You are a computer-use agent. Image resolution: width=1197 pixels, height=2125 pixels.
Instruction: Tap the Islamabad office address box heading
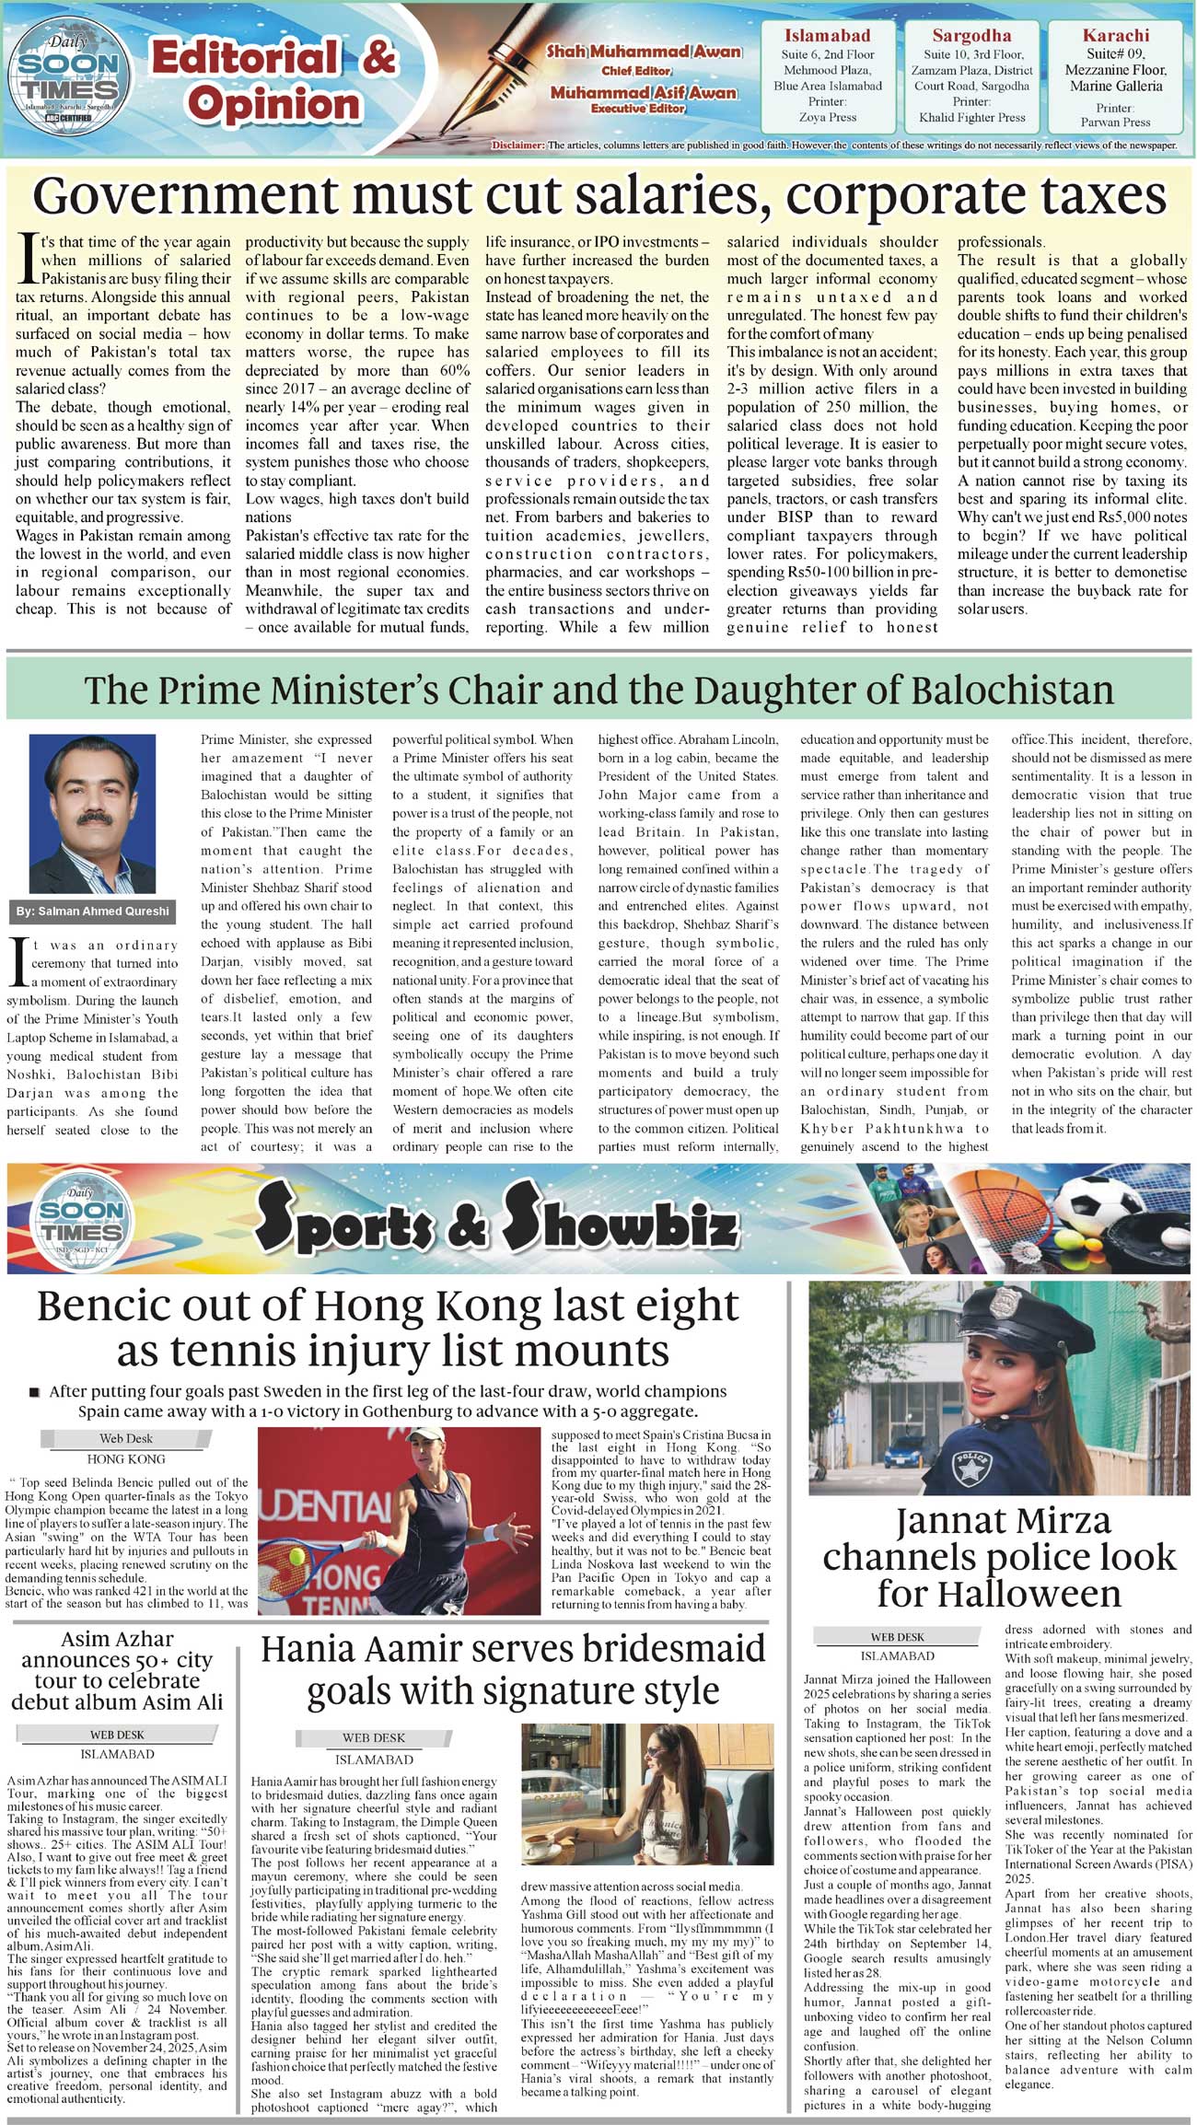click(x=827, y=36)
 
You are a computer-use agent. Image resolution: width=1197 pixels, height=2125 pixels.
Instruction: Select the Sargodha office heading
click(x=971, y=36)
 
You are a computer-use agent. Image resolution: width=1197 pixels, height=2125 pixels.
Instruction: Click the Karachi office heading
click(x=1115, y=36)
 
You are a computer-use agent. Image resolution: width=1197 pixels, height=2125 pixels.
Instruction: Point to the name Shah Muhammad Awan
click(x=644, y=52)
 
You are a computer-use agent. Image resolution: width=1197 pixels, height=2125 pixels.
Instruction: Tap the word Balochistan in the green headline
click(x=1003, y=691)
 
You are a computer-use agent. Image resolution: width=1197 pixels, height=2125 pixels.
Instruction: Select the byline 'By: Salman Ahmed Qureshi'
click(x=92, y=911)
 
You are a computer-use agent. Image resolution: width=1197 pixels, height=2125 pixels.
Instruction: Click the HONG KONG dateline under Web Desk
click(x=126, y=1459)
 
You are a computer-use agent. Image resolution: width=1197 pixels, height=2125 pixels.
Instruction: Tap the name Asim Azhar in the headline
click(x=117, y=1639)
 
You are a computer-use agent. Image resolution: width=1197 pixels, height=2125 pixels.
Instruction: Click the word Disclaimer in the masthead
click(x=517, y=145)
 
